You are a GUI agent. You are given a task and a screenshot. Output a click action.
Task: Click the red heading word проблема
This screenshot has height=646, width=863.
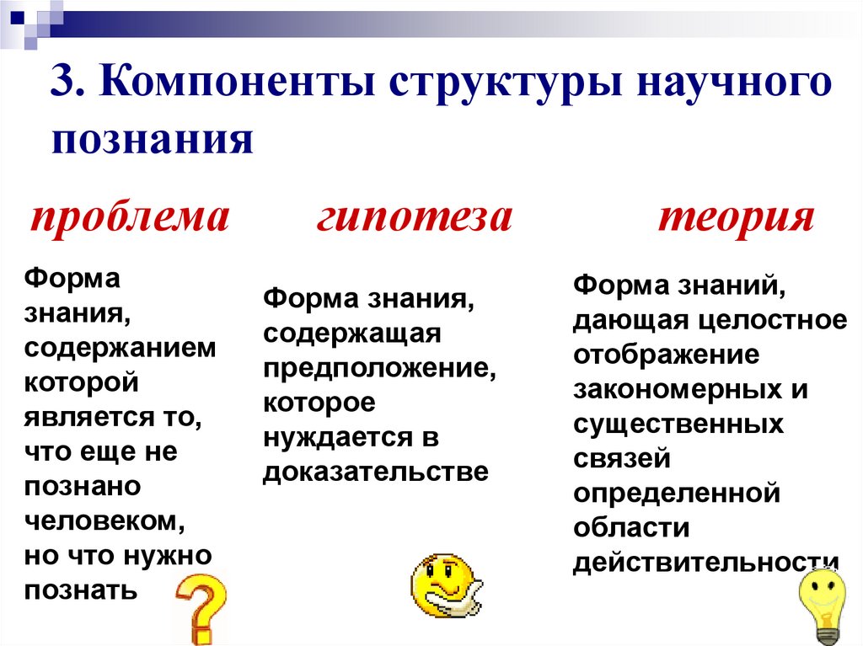click(130, 217)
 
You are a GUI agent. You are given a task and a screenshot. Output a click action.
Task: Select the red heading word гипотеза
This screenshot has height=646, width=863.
click(415, 217)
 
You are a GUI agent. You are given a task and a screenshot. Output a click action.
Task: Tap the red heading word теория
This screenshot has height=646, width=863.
click(736, 217)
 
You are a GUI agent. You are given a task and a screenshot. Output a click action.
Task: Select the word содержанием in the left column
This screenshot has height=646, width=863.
click(120, 348)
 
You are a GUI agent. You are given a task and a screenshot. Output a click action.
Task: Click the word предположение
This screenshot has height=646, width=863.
click(378, 367)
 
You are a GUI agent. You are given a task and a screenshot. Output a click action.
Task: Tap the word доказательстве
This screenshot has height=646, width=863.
click(376, 471)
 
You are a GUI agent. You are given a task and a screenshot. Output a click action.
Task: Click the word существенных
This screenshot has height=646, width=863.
click(678, 424)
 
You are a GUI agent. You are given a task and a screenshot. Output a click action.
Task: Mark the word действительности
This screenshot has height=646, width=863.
click(706, 563)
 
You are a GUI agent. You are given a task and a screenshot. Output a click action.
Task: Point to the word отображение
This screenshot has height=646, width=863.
click(667, 355)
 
